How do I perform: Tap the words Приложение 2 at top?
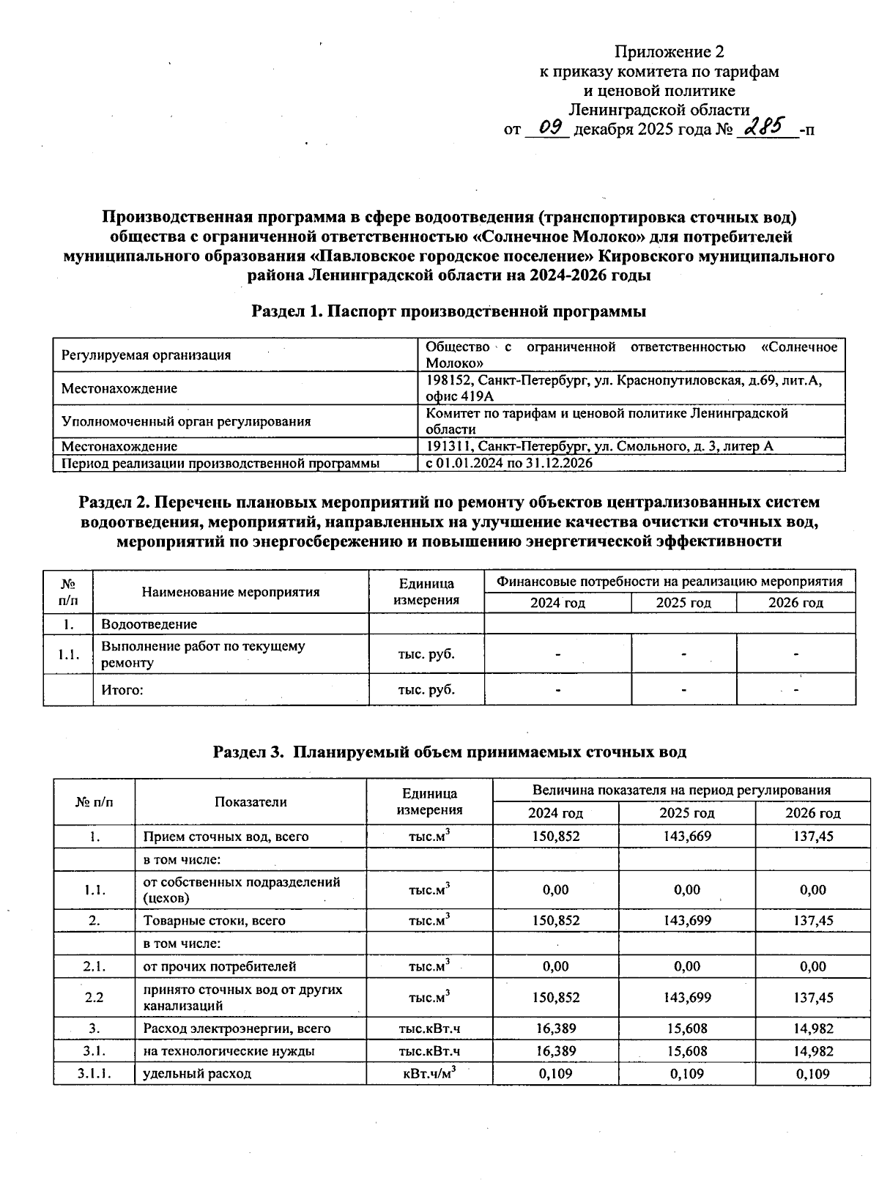(x=669, y=52)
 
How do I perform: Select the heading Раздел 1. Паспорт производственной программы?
(x=449, y=311)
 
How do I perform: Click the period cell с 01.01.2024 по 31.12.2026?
(x=510, y=463)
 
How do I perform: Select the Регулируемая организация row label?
(x=146, y=355)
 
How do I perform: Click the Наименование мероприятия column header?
(x=231, y=592)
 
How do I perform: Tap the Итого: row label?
(x=122, y=690)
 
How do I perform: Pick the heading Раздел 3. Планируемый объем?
(x=449, y=752)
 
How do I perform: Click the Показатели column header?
(x=251, y=801)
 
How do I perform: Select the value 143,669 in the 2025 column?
(x=687, y=837)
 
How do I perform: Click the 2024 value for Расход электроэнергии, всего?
(x=556, y=1029)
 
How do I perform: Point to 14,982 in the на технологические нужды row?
(x=813, y=1051)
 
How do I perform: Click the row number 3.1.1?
(x=94, y=1074)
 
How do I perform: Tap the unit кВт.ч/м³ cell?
(x=429, y=1074)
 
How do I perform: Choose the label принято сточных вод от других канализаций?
(x=242, y=998)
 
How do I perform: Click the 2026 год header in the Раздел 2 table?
(x=795, y=603)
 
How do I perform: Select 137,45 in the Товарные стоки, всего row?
(x=813, y=921)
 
